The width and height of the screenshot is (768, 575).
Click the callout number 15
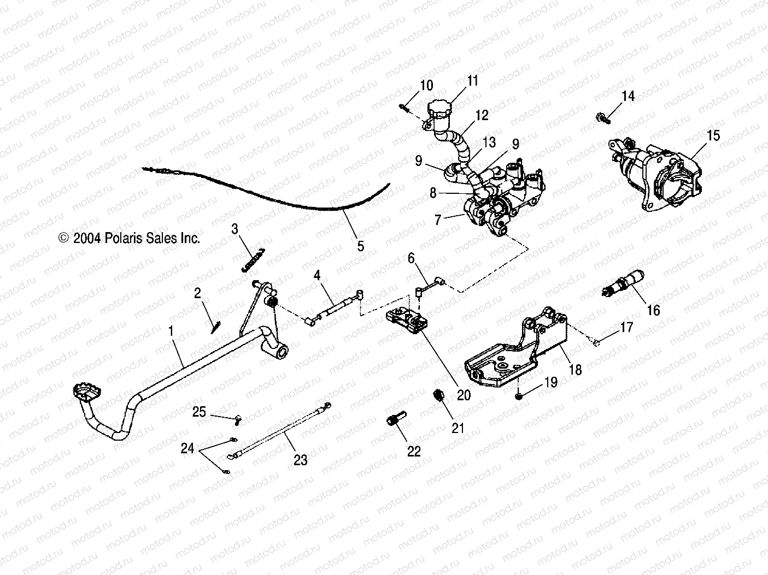(x=713, y=135)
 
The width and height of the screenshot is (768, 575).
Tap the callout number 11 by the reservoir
(x=472, y=81)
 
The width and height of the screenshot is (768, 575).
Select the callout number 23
(x=300, y=460)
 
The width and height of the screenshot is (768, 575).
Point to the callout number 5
(x=360, y=246)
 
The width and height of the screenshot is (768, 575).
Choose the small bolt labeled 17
(x=595, y=342)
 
